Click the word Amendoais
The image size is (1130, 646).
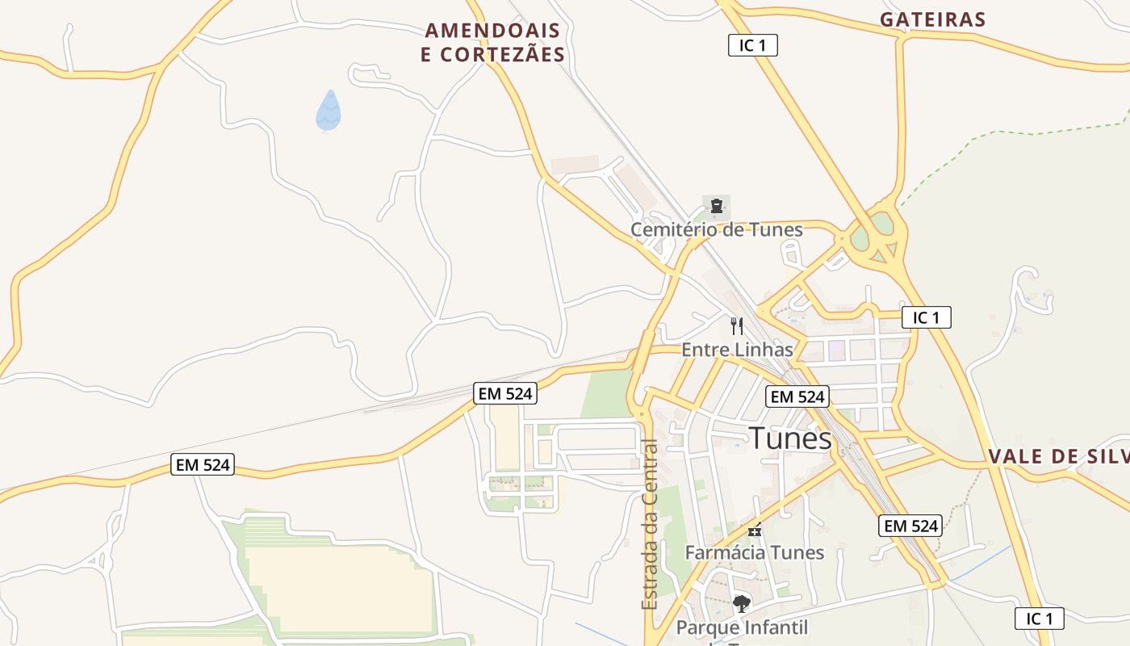point(492,31)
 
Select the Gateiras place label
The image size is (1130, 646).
point(933,19)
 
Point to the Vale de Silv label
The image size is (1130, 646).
point(1058,456)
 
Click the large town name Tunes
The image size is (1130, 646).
point(790,438)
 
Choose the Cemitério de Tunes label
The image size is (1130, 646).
point(716,229)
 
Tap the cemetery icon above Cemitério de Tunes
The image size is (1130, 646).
point(716,206)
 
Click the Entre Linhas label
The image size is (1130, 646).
point(737,350)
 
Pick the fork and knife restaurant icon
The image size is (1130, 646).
point(736,326)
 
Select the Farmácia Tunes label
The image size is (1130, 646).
point(754,552)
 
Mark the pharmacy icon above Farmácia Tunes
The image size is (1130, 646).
point(755,531)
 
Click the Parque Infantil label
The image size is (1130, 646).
point(741,627)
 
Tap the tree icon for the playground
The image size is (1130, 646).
point(741,603)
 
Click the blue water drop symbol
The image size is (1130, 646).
point(329,111)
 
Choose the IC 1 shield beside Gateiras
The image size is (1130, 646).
point(752,45)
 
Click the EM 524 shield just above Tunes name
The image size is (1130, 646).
point(797,396)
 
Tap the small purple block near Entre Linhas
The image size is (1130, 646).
point(836,350)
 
